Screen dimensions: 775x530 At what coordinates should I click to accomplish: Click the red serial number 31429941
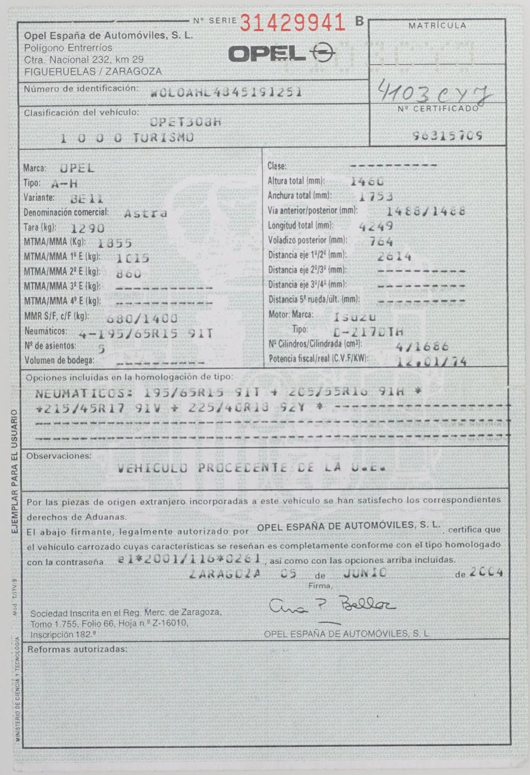[x=292, y=22]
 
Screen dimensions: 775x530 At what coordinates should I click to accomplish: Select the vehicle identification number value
[x=226, y=92]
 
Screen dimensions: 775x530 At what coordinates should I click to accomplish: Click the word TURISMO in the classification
[x=158, y=137]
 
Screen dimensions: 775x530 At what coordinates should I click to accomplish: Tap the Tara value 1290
[x=87, y=228]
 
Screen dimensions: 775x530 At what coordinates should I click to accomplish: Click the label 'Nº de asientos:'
[x=49, y=346]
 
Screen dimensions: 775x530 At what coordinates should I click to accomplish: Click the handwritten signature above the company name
[x=333, y=604]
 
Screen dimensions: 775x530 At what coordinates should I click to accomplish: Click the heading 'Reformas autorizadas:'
[x=77, y=648]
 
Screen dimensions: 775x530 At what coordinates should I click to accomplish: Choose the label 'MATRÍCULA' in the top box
[x=438, y=25]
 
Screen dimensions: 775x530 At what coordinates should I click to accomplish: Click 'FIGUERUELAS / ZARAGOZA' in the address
[x=93, y=71]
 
